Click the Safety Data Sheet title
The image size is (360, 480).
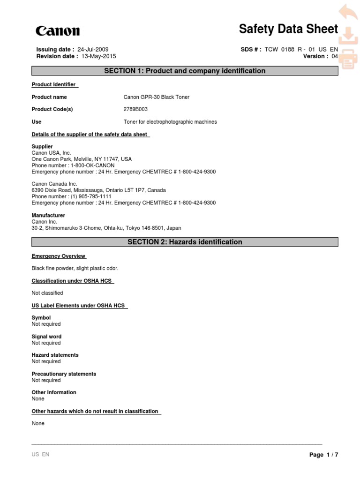pyautogui.click(x=288, y=29)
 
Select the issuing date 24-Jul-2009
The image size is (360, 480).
pyautogui.click(x=97, y=49)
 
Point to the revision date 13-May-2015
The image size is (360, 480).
pyautogui.click(x=99, y=56)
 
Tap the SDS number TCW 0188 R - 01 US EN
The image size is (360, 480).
pyautogui.click(x=301, y=49)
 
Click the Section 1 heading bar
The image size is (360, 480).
pyautogui.click(x=185, y=71)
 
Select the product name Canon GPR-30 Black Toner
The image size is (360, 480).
pyautogui.click(x=156, y=97)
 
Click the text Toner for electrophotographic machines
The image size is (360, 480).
pyautogui.click(x=170, y=122)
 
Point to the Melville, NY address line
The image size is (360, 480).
pyautogui.click(x=82, y=159)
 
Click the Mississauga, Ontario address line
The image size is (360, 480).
pyautogui.click(x=98, y=190)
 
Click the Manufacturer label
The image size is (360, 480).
pyautogui.click(x=48, y=215)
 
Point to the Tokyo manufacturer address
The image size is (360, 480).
pyautogui.click(x=106, y=228)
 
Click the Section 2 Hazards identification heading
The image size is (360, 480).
pyautogui.click(x=185, y=242)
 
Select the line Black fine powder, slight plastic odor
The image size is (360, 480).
pyautogui.click(x=75, y=268)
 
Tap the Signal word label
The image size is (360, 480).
pyautogui.click(x=46, y=337)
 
